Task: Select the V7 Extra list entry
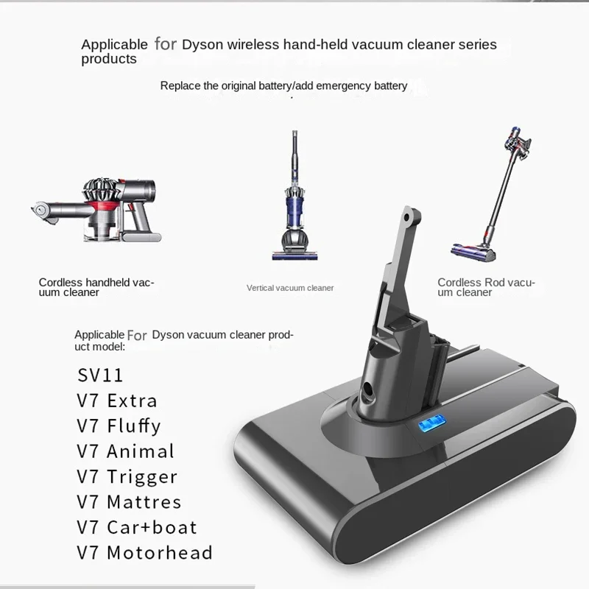click(117, 401)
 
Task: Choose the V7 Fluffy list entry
click(119, 426)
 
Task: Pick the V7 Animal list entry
click(126, 451)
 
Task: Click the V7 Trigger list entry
click(127, 476)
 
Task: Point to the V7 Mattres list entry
click(129, 502)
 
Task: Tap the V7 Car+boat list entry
click(137, 527)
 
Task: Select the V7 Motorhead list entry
click(144, 552)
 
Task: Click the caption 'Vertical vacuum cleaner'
click(290, 288)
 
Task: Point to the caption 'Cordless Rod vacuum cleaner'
click(486, 287)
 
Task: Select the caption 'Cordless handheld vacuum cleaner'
click(96, 287)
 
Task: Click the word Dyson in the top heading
click(202, 44)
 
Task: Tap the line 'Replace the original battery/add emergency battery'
click(283, 85)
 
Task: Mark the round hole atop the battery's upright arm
click(409, 219)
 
